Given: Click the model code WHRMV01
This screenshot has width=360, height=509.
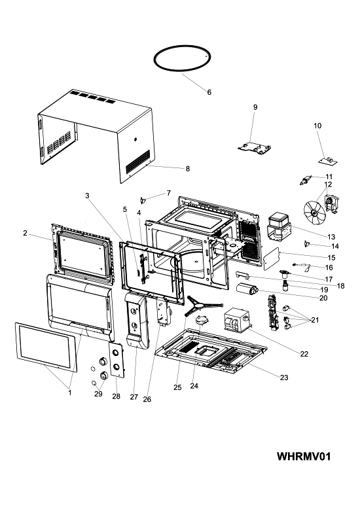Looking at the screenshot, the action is pos(304,456).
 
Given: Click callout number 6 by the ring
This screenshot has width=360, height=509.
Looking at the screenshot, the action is pos(209,92).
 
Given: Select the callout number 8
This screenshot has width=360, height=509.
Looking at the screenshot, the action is pos(187,169).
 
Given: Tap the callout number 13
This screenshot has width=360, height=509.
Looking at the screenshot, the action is pos(331,237).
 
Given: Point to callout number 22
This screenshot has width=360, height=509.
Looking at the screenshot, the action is pos(304,354).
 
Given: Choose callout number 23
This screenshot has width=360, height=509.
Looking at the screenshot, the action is pos(284,377).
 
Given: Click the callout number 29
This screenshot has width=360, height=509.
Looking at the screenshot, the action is pos(98,394).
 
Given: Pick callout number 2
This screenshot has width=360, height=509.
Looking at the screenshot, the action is pos(25,233).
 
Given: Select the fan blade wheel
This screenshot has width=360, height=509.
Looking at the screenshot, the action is pos(314,212).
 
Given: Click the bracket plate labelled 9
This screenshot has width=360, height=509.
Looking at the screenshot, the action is pos(255,148).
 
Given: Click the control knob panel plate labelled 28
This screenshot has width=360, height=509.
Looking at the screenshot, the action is pos(117,360).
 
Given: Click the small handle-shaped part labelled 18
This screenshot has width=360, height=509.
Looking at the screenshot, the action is pos(242,275).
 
